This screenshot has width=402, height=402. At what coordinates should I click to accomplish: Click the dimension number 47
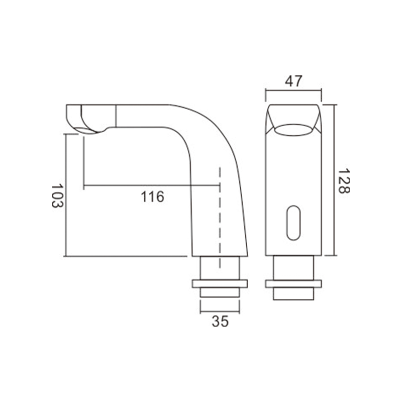click(x=293, y=81)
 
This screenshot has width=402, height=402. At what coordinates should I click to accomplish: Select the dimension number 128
click(x=344, y=181)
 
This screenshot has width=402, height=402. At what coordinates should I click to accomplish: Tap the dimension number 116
click(x=153, y=197)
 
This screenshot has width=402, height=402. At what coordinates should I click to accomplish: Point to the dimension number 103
click(x=57, y=195)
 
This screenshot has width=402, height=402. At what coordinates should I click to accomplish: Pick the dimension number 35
click(x=220, y=321)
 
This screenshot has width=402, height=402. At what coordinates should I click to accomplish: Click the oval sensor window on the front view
click(x=293, y=223)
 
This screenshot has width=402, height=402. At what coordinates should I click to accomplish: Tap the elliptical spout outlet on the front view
click(x=293, y=130)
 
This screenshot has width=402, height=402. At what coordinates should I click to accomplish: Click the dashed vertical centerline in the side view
click(x=220, y=218)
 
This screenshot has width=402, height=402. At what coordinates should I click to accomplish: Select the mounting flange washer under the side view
click(x=220, y=284)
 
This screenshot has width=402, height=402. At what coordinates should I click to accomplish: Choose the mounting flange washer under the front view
click(x=293, y=284)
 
